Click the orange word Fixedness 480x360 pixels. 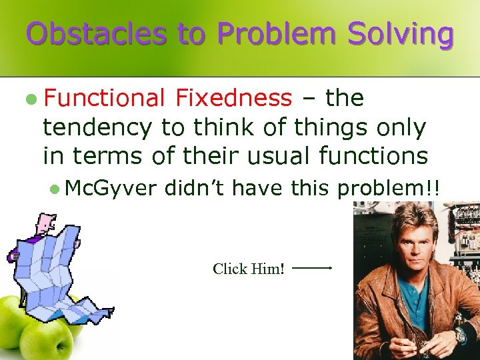click(233, 99)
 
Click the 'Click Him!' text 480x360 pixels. click(249, 269)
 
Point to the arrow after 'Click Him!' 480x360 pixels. click(312, 268)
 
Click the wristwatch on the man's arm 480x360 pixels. click(460, 335)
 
